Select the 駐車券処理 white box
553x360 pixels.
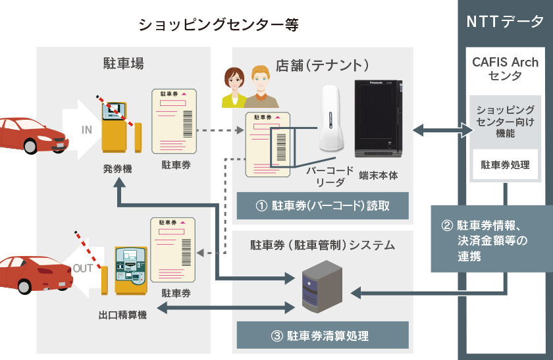point(505,165)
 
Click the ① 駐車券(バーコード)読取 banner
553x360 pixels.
point(323,205)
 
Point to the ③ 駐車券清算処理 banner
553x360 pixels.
point(323,336)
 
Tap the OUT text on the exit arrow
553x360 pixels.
point(83,269)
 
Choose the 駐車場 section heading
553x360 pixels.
point(123,64)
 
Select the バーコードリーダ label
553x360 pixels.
point(323,175)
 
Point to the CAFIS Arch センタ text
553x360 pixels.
point(505,69)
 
